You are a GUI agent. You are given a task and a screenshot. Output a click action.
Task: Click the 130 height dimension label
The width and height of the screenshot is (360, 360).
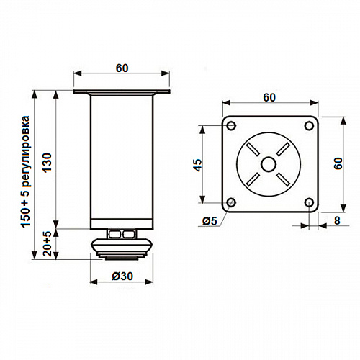tap(48, 162)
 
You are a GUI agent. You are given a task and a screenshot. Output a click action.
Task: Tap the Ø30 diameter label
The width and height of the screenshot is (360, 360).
tap(122, 276)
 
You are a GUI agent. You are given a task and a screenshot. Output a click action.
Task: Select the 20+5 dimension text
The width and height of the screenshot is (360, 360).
tap(48, 244)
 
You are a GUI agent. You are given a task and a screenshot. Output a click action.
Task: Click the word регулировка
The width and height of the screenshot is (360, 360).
tap(25, 151)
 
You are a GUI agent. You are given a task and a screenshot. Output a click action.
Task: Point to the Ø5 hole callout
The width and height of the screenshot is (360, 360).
tap(210, 221)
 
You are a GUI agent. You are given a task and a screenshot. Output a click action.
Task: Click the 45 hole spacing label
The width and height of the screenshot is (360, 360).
tap(198, 165)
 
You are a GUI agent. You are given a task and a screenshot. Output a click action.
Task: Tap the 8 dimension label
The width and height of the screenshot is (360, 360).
tap(337, 220)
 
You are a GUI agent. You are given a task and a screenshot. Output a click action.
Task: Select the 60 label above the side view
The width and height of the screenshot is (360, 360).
tap(122, 68)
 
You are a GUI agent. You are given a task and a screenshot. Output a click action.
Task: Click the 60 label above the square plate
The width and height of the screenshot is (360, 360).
tap(269, 97)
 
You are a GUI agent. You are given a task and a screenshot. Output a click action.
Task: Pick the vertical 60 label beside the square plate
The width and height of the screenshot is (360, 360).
tap(338, 163)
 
